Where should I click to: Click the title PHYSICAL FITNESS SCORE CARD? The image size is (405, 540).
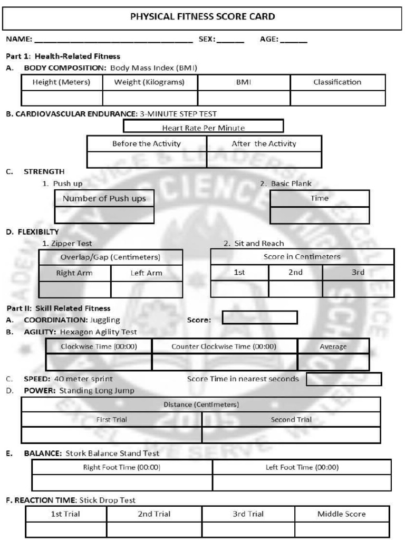coord(202,17)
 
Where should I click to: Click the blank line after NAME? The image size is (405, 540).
coord(113,40)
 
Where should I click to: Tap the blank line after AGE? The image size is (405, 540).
coord(295,40)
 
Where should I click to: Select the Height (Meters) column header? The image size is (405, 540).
coord(62,82)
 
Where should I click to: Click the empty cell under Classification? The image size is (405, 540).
coord(337,98)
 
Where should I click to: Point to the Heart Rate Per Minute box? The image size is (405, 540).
coord(203,127)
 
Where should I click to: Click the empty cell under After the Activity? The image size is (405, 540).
coord(264,160)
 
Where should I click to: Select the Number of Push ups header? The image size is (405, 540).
coord(104,198)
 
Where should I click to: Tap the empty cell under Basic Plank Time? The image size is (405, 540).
coord(320,215)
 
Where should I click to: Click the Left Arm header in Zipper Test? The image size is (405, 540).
coord(147,273)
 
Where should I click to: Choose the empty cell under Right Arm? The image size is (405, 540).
coord(75,290)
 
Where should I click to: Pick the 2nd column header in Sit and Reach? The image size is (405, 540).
coord(295,272)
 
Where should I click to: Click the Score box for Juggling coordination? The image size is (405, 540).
coord(259,317)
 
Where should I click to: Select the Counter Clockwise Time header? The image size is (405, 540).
coord(224,346)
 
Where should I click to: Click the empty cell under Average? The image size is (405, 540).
coord(333,362)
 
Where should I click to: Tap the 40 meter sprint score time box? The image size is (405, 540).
coord(343,379)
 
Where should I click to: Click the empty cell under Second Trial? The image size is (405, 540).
coord(291,435)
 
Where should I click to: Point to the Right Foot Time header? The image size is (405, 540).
coord(122,467)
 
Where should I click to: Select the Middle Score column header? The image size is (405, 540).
coord(341,514)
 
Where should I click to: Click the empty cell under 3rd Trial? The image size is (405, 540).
coord(248,529)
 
